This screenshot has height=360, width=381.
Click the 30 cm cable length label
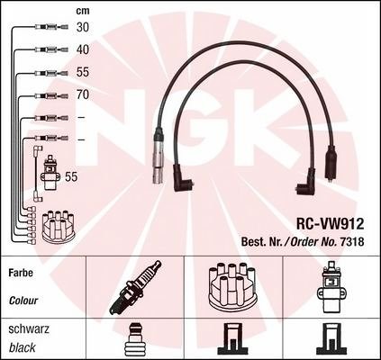pos(83,27)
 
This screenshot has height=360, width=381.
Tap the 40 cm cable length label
pos(83,49)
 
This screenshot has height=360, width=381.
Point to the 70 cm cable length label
pos(83,94)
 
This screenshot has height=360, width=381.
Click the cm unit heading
pos(83,11)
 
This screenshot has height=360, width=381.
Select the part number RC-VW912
pos(330,223)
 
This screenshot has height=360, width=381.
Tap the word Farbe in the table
pos(21,273)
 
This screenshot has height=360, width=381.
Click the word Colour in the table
pos(23,301)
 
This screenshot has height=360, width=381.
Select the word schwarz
pos(29,329)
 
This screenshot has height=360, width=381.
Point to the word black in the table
pos(23,347)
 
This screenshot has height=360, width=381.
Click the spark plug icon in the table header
pos(135,287)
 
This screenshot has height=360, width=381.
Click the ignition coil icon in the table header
pos(331,287)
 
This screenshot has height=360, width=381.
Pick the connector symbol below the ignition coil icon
pos(331,340)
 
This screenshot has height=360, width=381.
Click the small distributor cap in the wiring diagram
pos(59,226)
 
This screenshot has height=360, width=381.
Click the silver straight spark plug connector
pos(158,155)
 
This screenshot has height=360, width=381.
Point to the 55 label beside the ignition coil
pos(71,176)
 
